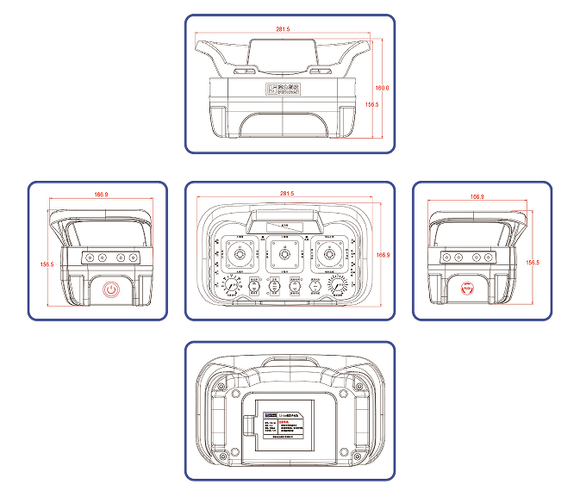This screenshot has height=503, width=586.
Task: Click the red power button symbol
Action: [x=110, y=289]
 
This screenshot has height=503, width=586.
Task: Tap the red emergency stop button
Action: [x=468, y=288]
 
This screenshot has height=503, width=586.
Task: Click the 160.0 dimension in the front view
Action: [x=383, y=88]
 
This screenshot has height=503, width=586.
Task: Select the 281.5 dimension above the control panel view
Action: [x=287, y=194]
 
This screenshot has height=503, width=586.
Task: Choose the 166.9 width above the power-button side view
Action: [x=101, y=195]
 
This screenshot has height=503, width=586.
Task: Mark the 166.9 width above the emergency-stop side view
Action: [x=477, y=197]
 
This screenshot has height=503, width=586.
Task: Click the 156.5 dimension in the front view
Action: [x=372, y=104]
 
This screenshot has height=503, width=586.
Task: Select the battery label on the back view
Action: [x=287, y=423]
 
